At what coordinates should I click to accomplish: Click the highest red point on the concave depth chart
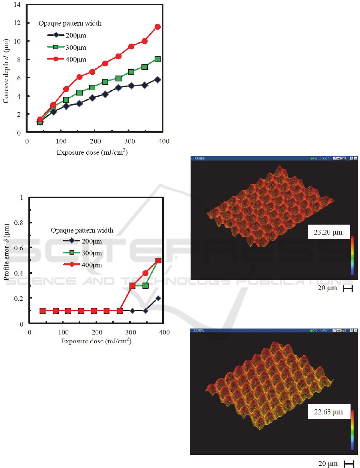(x=157, y=27)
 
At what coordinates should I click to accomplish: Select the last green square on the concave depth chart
(x=157, y=59)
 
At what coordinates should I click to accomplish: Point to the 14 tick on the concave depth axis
(x=20, y=4)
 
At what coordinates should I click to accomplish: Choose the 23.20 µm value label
(x=328, y=232)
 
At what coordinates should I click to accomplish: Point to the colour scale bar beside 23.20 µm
(x=352, y=255)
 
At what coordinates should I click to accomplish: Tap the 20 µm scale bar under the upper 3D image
(x=348, y=289)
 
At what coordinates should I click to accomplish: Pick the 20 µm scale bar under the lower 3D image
(x=348, y=464)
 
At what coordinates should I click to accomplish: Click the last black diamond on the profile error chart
(x=158, y=298)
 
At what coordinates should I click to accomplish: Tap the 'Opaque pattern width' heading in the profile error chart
(x=82, y=230)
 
